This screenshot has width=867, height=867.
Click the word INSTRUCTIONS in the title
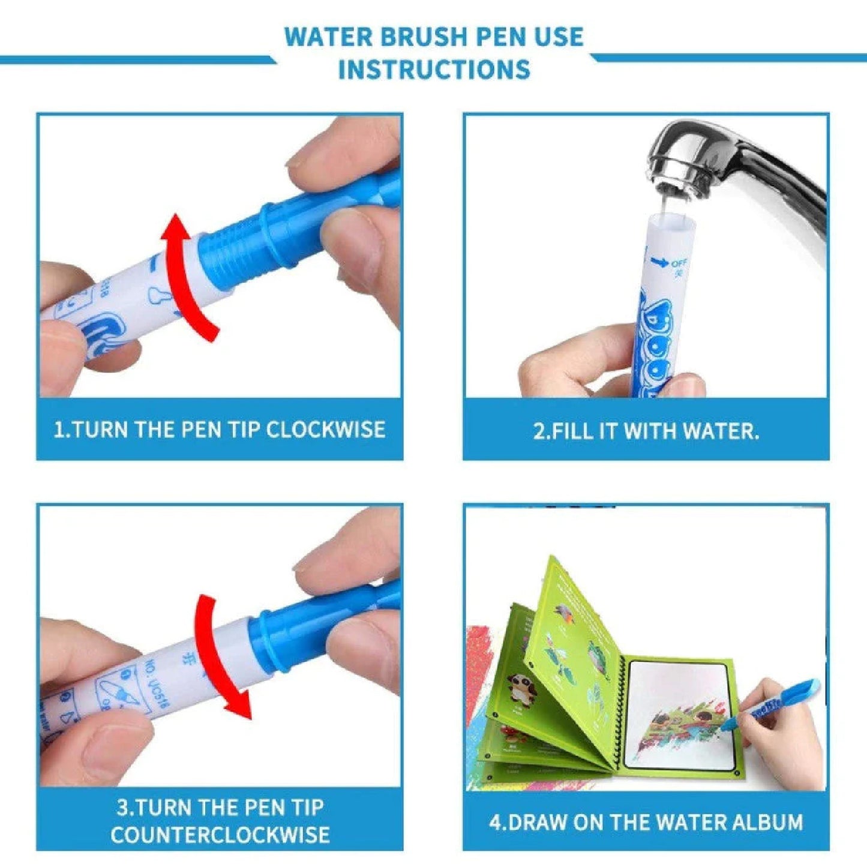pos(434,70)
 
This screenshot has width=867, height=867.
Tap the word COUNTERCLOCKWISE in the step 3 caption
pos(220,835)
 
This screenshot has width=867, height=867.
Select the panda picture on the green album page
pos(521,688)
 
